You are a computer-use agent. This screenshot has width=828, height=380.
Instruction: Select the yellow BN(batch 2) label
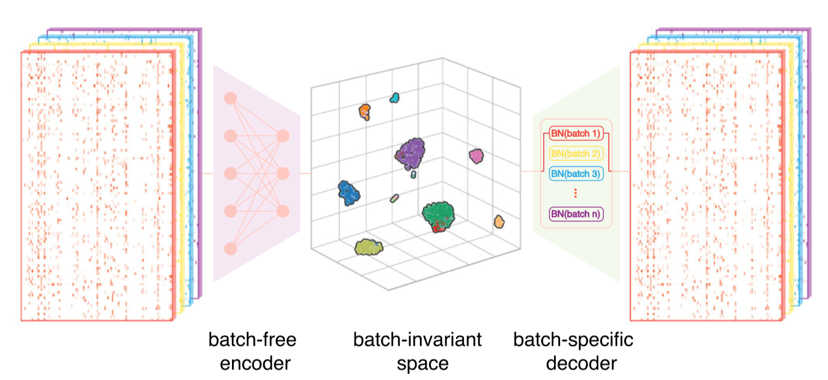click(x=576, y=153)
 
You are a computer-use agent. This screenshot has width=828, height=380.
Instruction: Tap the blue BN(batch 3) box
click(x=576, y=173)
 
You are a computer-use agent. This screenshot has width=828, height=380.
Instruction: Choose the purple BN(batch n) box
click(x=576, y=213)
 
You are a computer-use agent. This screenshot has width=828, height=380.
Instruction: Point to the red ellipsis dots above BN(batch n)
click(x=575, y=193)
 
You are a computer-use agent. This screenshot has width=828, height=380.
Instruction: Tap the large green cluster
click(x=438, y=214)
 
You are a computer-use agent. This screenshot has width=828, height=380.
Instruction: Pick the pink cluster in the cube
click(x=476, y=156)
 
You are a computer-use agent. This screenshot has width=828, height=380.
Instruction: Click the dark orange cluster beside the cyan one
click(x=364, y=111)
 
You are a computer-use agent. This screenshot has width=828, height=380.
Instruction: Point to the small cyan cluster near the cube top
click(x=395, y=97)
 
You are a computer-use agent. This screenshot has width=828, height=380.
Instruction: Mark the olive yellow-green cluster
click(x=368, y=247)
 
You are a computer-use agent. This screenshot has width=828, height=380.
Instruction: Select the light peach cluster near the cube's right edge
click(x=498, y=222)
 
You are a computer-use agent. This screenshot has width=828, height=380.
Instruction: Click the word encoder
click(x=252, y=363)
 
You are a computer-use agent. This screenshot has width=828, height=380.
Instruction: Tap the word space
click(x=417, y=363)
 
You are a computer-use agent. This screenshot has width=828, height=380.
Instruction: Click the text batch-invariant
click(x=417, y=340)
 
